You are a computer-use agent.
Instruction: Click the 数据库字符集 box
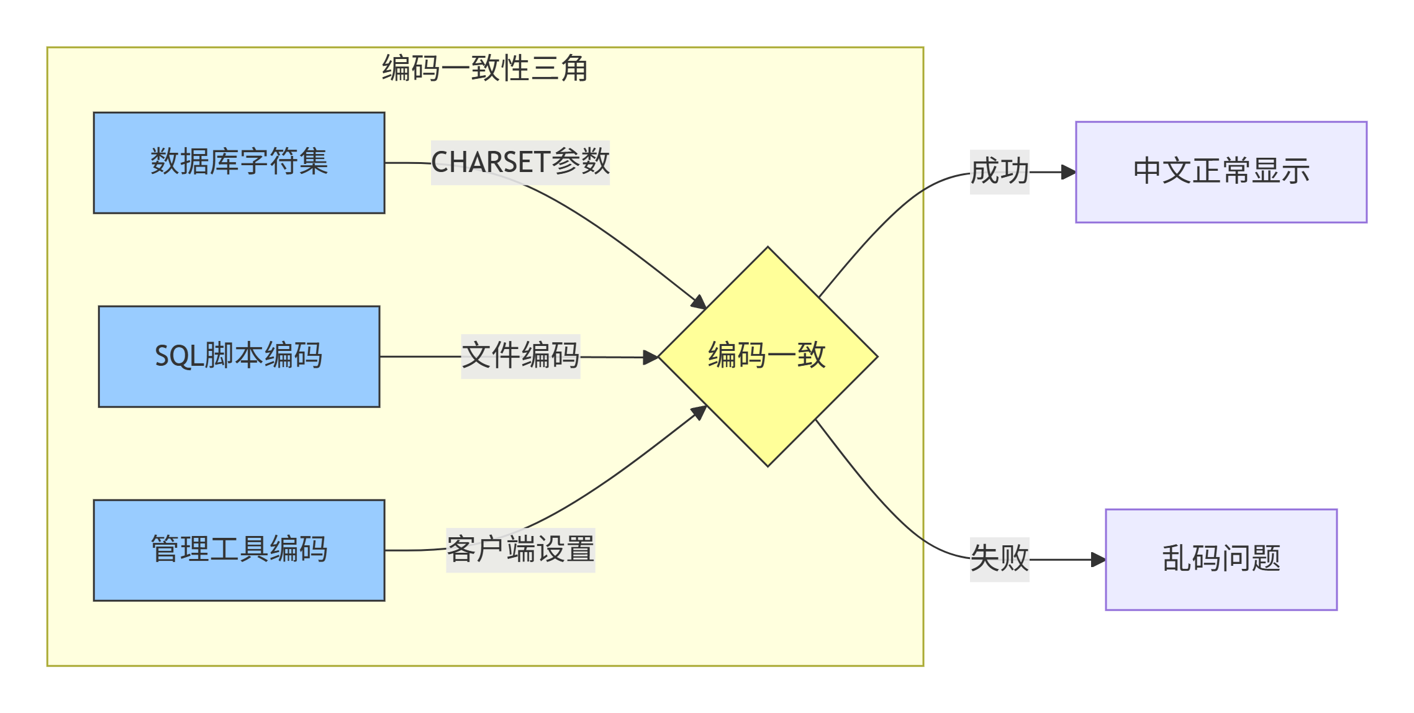tap(239, 163)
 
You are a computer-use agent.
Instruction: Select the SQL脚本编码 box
tap(239, 356)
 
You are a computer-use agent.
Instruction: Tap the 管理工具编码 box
tap(239, 550)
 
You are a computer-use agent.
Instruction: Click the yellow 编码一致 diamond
tap(768, 356)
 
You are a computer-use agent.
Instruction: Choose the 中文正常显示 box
tap(1221, 172)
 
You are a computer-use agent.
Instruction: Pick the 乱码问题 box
tap(1221, 560)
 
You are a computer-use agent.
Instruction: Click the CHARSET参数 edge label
tap(520, 163)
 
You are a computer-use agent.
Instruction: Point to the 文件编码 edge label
tap(520, 356)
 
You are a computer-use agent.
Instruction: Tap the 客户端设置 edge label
tap(520, 550)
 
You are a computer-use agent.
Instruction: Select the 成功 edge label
tap(999, 172)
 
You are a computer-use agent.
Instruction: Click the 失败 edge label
tap(999, 560)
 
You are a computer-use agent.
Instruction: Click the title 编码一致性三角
tap(485, 68)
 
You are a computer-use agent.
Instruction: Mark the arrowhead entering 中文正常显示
tap(1069, 172)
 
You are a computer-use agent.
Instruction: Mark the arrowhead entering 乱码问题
tap(1099, 560)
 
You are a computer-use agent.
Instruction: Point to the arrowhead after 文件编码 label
tap(651, 357)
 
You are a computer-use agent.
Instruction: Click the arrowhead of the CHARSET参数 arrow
tap(699, 302)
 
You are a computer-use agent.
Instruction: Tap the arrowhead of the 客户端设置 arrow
tap(699, 412)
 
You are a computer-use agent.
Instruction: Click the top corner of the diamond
tap(768, 248)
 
